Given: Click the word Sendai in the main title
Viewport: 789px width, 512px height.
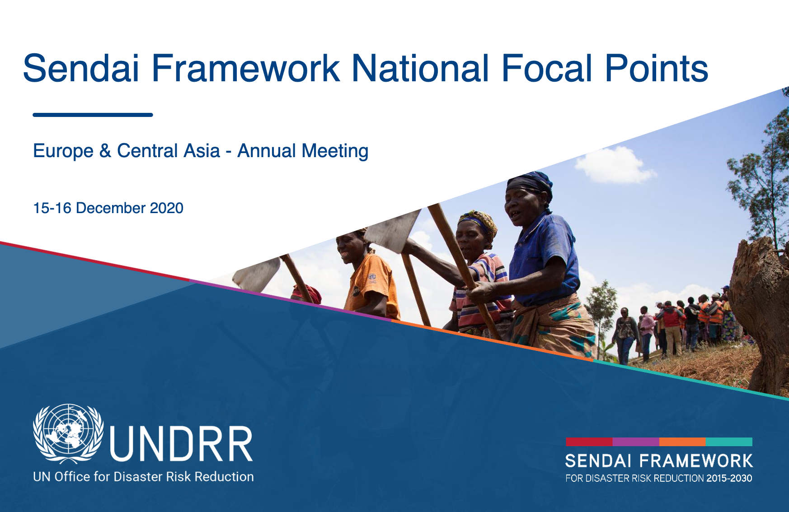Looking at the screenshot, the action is (81, 68).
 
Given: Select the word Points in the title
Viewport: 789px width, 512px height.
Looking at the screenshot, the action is (657, 68).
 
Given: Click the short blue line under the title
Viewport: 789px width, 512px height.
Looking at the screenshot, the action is (93, 115).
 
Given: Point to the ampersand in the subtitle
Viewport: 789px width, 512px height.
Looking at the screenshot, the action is (105, 151).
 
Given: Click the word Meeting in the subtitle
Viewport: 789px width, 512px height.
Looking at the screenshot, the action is (335, 151).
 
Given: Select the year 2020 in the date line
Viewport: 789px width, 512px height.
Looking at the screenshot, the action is (166, 208).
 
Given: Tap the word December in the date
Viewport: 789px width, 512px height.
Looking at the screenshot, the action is (111, 208).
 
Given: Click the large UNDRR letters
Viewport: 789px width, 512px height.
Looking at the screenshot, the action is (181, 444).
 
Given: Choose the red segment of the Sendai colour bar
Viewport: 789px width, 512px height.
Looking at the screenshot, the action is (589, 442).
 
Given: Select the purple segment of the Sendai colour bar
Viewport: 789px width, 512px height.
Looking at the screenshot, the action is (636, 442).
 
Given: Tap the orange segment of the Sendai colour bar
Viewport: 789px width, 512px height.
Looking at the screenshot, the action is (682, 442).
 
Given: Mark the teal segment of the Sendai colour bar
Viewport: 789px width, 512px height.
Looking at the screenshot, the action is (729, 442).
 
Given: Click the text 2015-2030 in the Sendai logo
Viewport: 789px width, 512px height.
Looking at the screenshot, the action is (729, 478).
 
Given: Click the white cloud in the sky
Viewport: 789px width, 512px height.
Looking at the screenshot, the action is (615, 165).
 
